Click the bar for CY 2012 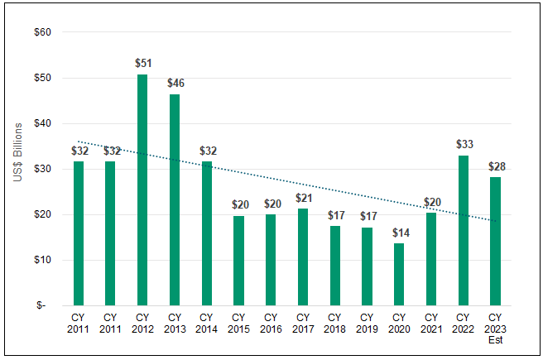142,190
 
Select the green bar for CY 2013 175,199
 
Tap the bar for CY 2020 398,273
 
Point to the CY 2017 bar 302,257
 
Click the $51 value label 142,63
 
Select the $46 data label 175,84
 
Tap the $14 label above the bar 398,231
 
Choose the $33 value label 463,144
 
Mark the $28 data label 495,166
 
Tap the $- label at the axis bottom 42,305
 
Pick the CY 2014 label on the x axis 206,323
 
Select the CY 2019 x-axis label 367,323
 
